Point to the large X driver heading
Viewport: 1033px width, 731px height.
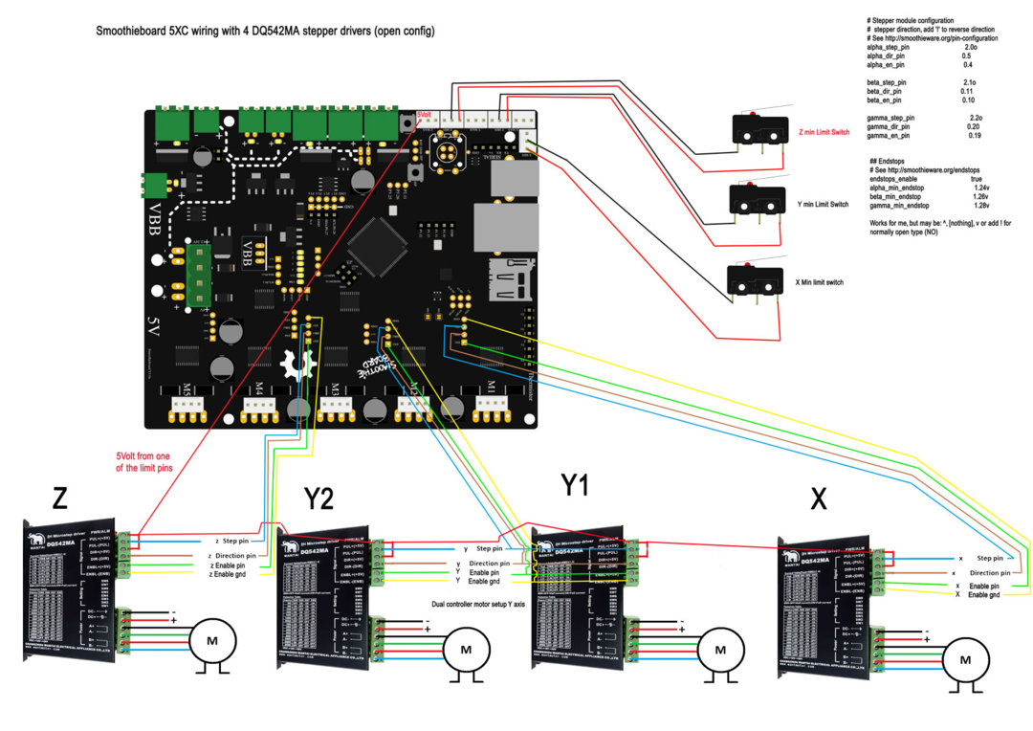click(x=818, y=499)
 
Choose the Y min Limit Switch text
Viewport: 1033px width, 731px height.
click(x=823, y=204)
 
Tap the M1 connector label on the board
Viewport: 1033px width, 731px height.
click(x=490, y=387)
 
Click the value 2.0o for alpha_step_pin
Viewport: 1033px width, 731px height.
click(x=970, y=47)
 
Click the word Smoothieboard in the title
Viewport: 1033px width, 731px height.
click(x=133, y=32)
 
